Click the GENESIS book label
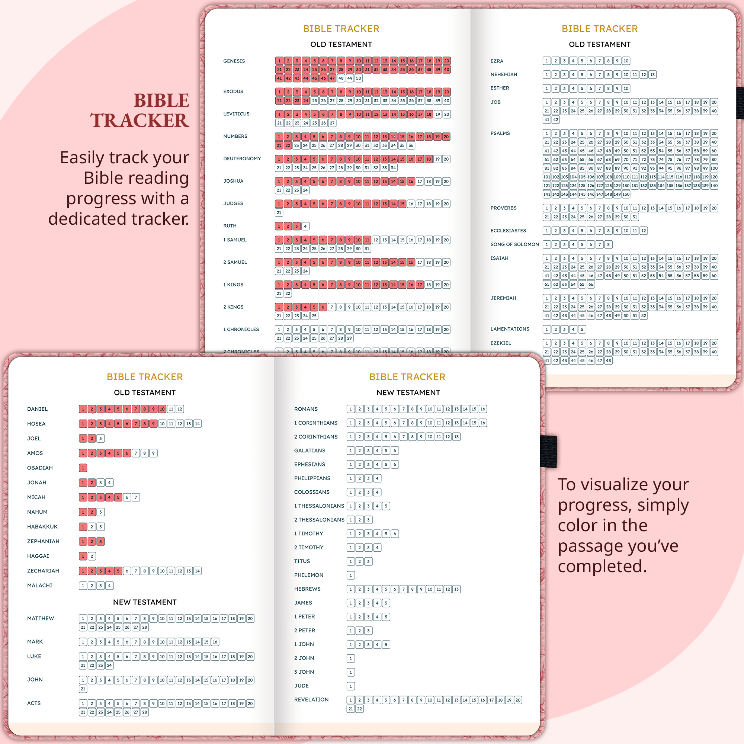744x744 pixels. [x=234, y=61]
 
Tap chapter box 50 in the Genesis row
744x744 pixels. [x=359, y=78]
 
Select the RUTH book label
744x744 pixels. [x=230, y=226]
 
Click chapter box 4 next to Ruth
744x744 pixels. [x=305, y=227]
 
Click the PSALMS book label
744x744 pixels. [x=500, y=133]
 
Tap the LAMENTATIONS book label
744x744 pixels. [x=510, y=329]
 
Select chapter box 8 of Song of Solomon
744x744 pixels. [x=609, y=244]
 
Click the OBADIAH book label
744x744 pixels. [x=40, y=468]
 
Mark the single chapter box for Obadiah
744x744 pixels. [x=83, y=468]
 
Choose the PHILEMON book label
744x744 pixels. [x=308, y=575]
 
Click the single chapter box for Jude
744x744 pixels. [x=350, y=686]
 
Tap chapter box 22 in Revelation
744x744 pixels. [x=359, y=709]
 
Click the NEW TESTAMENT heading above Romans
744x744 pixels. [x=408, y=392]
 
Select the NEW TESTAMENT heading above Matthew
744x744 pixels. [x=145, y=602]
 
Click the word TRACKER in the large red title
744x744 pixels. [x=140, y=121]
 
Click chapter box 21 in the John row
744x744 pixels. [x=83, y=689]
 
